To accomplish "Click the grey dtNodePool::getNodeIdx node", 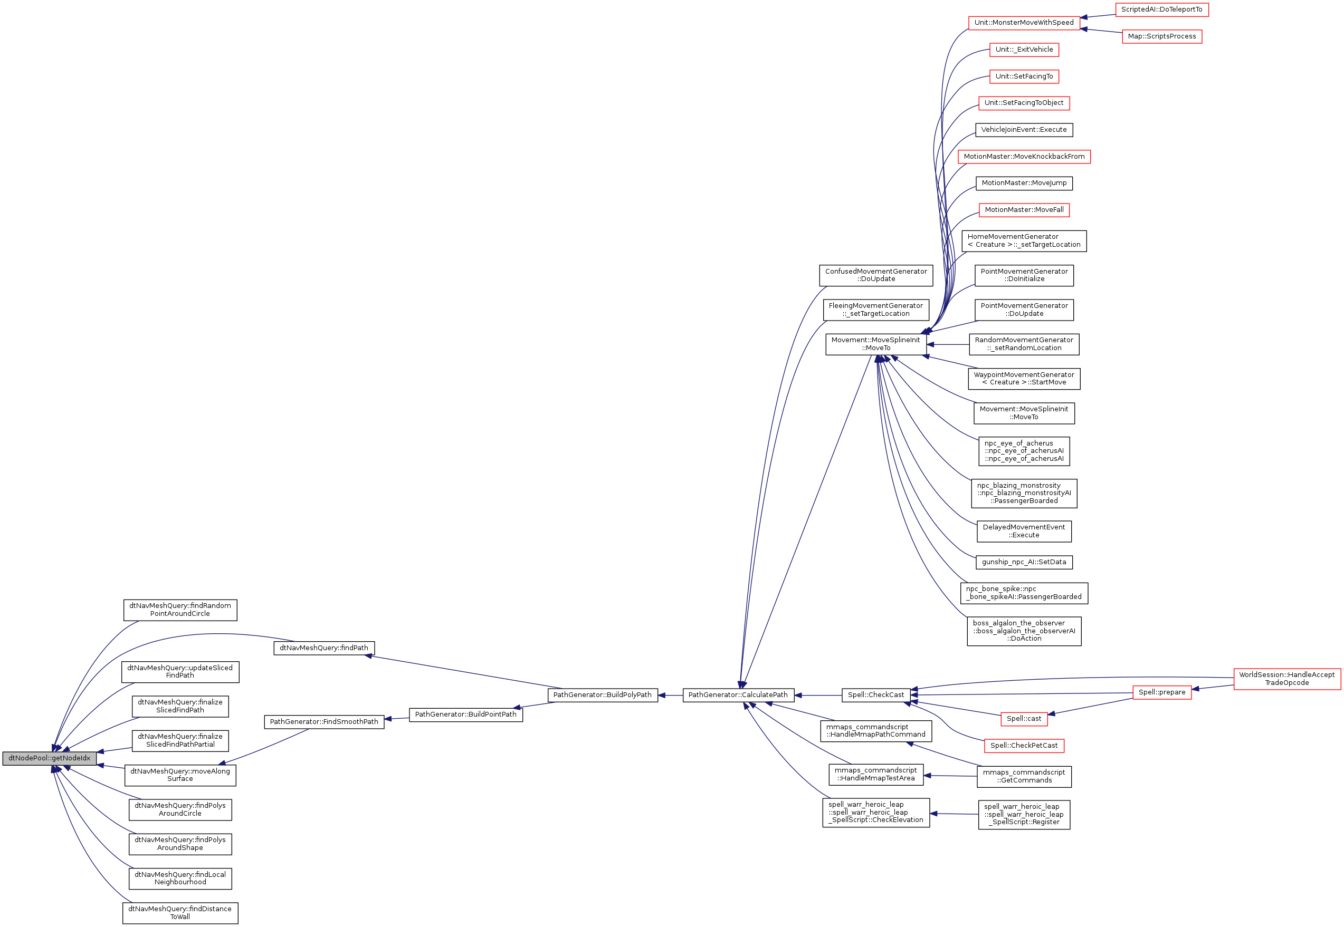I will [x=50, y=758].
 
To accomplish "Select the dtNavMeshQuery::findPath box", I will [x=323, y=648].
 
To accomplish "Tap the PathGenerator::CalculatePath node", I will [x=737, y=694].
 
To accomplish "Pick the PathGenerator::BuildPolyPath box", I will [x=602, y=694].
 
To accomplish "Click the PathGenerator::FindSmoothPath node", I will [x=323, y=721].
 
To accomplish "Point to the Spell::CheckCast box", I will [x=875, y=694].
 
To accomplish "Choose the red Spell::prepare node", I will [x=1161, y=692].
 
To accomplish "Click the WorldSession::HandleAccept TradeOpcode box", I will [x=1286, y=679].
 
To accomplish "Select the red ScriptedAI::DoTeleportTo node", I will [x=1161, y=9].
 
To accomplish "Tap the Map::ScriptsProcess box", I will [x=1161, y=36].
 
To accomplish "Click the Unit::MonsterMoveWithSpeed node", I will [x=1024, y=23].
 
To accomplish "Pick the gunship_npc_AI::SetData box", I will [x=1024, y=562].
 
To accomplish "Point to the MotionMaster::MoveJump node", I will [x=1024, y=183].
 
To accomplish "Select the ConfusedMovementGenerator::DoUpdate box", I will [x=875, y=275].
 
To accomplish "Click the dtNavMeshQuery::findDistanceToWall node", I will [x=180, y=912].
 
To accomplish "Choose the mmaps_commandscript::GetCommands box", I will [x=1024, y=776].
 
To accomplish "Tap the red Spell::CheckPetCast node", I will [x=1024, y=745].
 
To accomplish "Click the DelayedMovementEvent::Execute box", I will [x=1024, y=531].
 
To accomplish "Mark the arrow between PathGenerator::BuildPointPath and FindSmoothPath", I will [x=397, y=719].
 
